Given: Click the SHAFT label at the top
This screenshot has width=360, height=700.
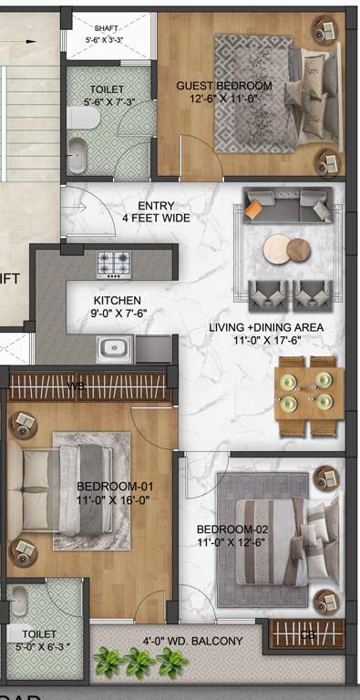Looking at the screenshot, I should (x=103, y=28).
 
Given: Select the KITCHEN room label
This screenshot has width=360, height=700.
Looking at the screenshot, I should (x=118, y=300).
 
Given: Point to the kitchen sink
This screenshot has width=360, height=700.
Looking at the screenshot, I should (x=116, y=347).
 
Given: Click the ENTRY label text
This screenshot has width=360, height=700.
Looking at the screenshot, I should (x=155, y=206).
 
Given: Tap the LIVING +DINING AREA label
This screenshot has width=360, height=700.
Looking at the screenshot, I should (x=265, y=327).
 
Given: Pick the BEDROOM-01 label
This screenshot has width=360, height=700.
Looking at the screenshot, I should (x=108, y=486).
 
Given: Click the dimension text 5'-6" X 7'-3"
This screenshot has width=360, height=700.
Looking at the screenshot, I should (x=108, y=103).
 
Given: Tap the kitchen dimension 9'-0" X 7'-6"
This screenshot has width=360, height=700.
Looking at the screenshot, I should (x=118, y=314).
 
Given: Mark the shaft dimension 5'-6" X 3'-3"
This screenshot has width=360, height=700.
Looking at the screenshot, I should (x=104, y=41).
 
